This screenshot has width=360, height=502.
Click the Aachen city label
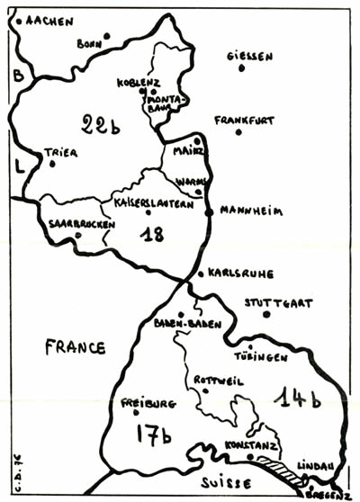click(49, 20)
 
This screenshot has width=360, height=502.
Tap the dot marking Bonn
click(106, 37)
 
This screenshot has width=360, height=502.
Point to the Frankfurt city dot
click(239, 132)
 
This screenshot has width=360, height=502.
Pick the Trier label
click(61, 152)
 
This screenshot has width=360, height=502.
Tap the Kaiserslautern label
click(154, 203)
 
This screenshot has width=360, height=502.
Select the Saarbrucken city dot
click(78, 236)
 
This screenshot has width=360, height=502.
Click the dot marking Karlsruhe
click(200, 273)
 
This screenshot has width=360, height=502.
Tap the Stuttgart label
click(278, 302)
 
